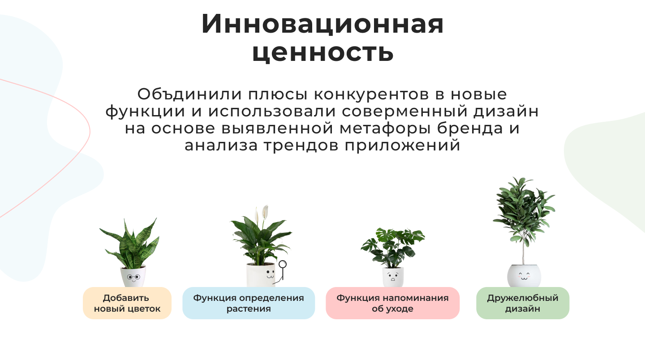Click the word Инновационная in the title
pyautogui.click(x=322, y=24)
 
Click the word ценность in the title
pyautogui.click(x=323, y=53)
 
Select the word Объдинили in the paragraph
pyautogui.click(x=189, y=94)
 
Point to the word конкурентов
pyautogui.click(x=371, y=94)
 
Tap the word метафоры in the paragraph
pyautogui.click(x=385, y=129)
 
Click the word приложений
pyautogui.click(x=402, y=146)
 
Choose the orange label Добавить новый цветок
pyautogui.click(x=127, y=303)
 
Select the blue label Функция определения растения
pyautogui.click(x=249, y=303)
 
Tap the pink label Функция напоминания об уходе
pyautogui.click(x=392, y=303)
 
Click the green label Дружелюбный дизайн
pyautogui.click(x=523, y=303)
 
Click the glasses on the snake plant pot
pyautogui.click(x=133, y=277)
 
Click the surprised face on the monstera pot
pyautogui.click(x=392, y=277)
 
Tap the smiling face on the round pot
pyautogui.click(x=524, y=276)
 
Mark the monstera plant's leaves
pyautogui.click(x=392, y=247)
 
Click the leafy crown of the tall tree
pyautogui.click(x=524, y=210)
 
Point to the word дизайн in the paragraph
pyautogui.click(x=506, y=111)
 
